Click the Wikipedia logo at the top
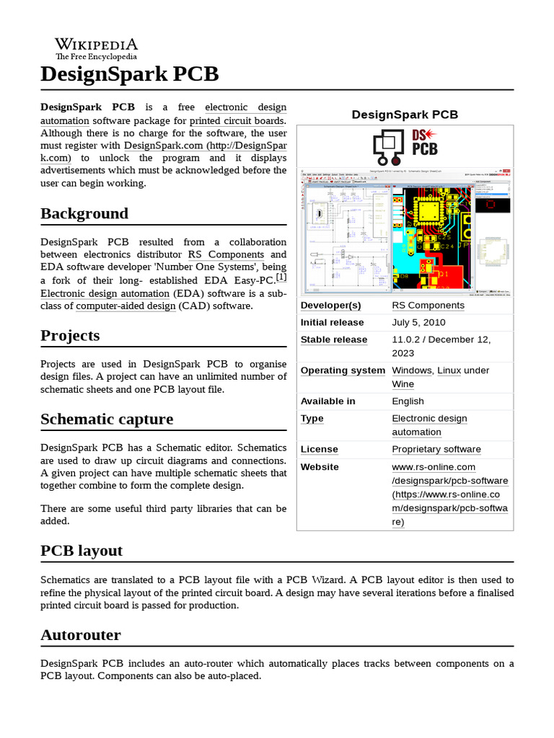click(97, 48)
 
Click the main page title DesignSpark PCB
click(129, 74)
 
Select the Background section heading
click(84, 213)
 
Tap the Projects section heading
click(70, 335)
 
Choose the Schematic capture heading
click(107, 419)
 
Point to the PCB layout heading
click(82, 551)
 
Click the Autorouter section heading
click(81, 635)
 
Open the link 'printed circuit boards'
click(237, 120)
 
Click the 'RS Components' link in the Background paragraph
click(226, 254)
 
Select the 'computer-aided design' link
click(126, 306)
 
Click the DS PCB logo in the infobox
click(405, 147)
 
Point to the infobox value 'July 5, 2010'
click(418, 322)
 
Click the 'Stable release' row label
click(333, 339)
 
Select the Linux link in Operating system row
click(449, 370)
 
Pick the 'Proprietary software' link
click(436, 449)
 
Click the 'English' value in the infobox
click(408, 401)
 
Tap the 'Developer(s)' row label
click(330, 305)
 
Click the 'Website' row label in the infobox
click(320, 467)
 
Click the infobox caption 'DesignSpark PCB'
click(405, 115)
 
